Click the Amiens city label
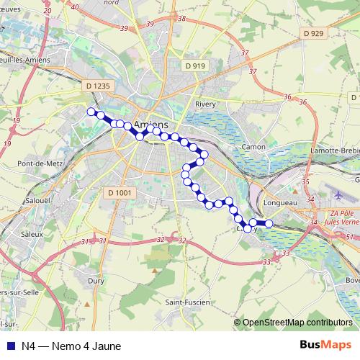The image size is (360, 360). [x=151, y=123]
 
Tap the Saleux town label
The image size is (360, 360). [x=32, y=234]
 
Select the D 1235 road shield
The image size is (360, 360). [x=99, y=86]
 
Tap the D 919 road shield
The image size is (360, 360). [x=194, y=66]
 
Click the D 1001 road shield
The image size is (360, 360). [x=120, y=192]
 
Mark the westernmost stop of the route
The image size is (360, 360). [x=91, y=111]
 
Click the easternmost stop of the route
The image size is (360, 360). [x=269, y=223]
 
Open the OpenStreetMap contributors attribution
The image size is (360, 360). [x=297, y=323]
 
